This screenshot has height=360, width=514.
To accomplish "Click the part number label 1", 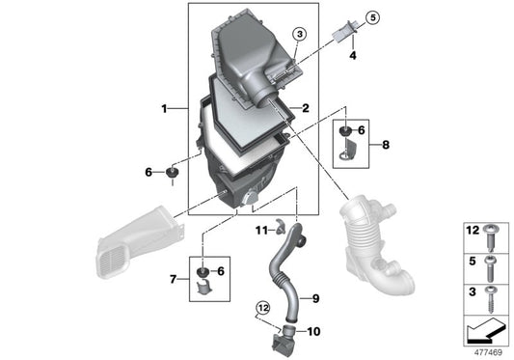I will coord(165,109).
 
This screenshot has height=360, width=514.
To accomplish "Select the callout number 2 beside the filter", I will coord(304,109).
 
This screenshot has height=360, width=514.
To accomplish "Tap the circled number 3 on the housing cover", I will coord(300,34).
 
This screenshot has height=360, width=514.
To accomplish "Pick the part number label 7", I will coord(175,279).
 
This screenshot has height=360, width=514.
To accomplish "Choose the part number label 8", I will coord(386,145).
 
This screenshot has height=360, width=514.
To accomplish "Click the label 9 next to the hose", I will coord(314,298).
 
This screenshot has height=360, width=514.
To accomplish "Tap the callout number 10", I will coord(313,331).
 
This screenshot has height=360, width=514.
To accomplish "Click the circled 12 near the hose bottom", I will coord(260,308).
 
